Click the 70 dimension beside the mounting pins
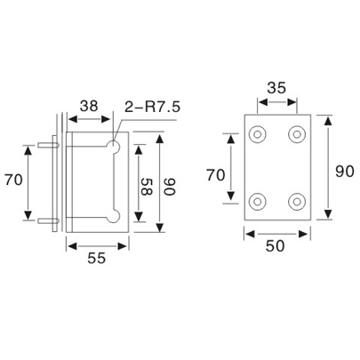[12, 180]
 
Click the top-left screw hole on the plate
[258, 136]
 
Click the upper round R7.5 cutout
[113, 142]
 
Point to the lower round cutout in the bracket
[113, 215]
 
